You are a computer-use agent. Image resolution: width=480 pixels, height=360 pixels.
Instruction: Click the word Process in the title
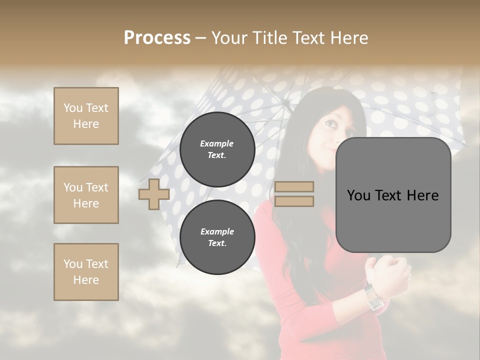point(157,37)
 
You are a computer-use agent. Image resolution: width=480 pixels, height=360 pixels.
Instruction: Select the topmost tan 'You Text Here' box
point(86,116)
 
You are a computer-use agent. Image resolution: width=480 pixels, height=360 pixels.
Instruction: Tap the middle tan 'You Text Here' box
point(86,195)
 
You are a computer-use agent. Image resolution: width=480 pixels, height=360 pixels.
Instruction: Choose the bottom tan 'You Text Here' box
point(86,271)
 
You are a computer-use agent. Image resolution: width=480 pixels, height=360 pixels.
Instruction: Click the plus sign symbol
point(153,194)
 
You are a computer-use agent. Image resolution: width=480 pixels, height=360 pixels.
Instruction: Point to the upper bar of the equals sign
point(294,186)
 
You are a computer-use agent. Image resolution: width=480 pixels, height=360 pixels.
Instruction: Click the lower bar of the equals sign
point(294,201)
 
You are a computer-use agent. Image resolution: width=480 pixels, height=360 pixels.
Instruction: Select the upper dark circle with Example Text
point(217,149)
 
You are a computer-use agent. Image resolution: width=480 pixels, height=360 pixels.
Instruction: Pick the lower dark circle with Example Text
point(217,237)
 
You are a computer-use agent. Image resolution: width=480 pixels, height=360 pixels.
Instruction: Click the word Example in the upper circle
point(217,143)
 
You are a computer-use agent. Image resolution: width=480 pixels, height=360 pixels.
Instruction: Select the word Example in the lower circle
point(217,231)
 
